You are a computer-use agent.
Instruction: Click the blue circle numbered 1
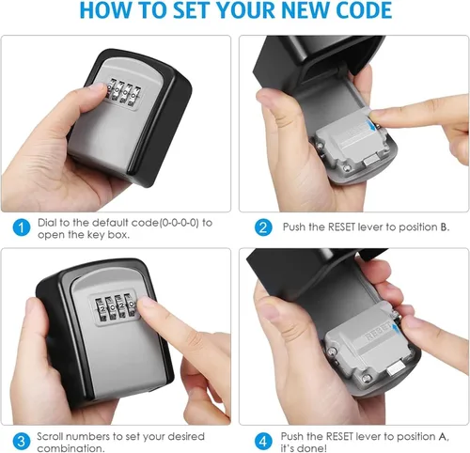[x=22, y=227]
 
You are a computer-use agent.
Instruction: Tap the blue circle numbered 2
[x=263, y=227]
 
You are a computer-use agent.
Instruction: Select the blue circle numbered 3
[x=22, y=442]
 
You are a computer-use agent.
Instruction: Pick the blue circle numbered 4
[x=263, y=442]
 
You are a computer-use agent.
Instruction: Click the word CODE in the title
[x=364, y=9]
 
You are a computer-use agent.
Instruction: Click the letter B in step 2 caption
[x=444, y=226]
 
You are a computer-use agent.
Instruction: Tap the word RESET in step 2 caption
[x=341, y=226]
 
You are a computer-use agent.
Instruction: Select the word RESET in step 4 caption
[x=339, y=436]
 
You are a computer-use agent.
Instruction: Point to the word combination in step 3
[x=70, y=448]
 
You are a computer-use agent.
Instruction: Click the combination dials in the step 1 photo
[x=123, y=92]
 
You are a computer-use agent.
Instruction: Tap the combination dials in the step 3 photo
[x=115, y=307]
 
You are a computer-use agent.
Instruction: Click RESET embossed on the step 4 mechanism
[x=379, y=333]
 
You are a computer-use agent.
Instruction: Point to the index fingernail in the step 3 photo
[x=147, y=302]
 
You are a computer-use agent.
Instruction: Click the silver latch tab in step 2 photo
[x=371, y=162]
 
